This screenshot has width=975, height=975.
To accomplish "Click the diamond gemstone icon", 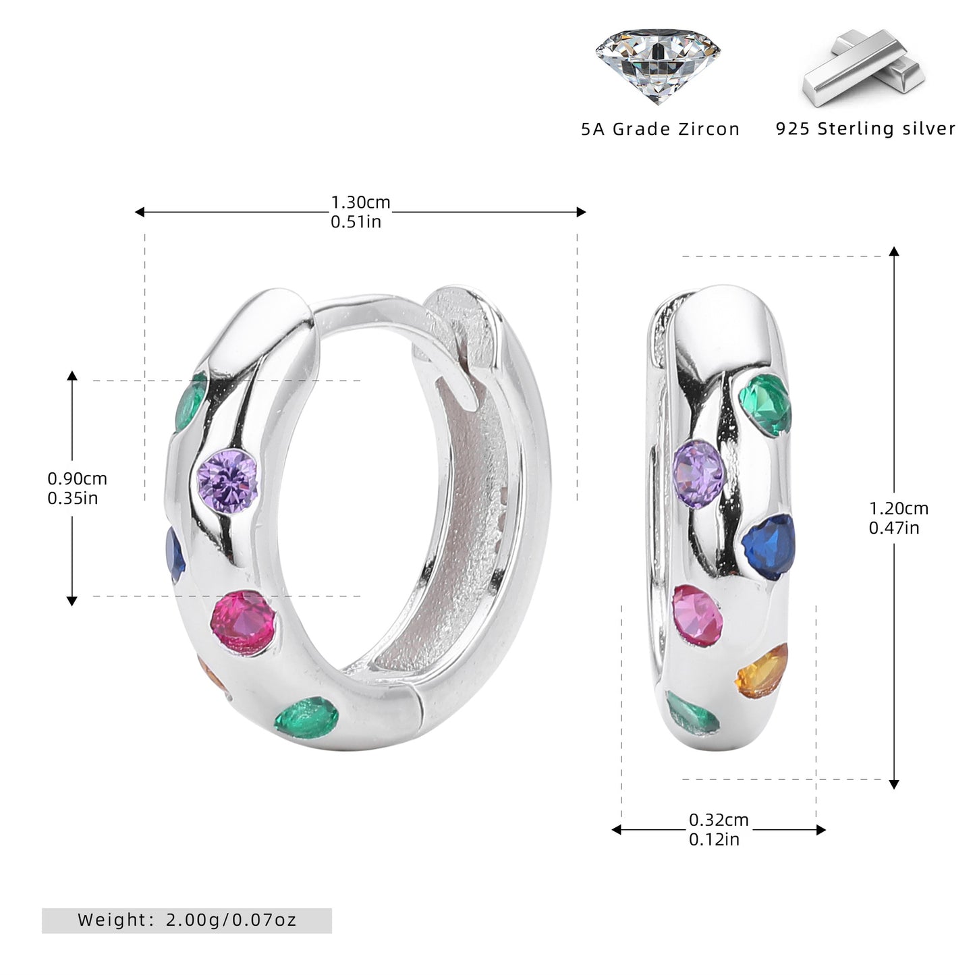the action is coord(658,65).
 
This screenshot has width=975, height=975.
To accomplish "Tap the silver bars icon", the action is coord(864,68).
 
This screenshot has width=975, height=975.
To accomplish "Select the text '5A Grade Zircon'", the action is coord(661,130).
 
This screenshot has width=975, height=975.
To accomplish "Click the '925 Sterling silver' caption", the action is coord(866,128).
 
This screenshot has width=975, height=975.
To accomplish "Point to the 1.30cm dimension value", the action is coord(360,202).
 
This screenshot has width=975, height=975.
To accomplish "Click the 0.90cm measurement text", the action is coord(77,478).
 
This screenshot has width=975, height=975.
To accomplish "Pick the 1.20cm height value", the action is coord(899,508).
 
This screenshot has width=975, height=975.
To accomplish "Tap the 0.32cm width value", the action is coord(719,820).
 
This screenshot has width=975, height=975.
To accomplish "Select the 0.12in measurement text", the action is coord(714,839).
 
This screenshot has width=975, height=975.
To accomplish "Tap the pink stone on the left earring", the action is coord(244,623).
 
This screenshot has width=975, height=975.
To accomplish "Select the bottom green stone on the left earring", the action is coord(306,717).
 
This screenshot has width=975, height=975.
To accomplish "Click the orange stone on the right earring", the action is coord(762,671).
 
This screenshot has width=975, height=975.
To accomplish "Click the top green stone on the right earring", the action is coord(765,404).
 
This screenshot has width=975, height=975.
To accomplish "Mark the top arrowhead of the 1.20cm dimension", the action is coord(894,252).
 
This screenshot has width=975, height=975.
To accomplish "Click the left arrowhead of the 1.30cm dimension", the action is coord(140,212).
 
